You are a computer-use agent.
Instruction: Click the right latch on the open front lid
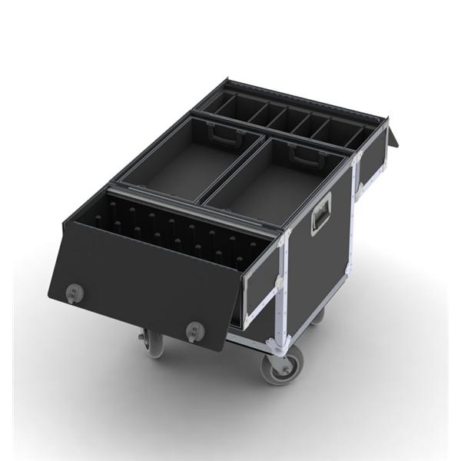point(195,330)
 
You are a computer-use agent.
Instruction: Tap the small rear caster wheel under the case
point(317,314)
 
